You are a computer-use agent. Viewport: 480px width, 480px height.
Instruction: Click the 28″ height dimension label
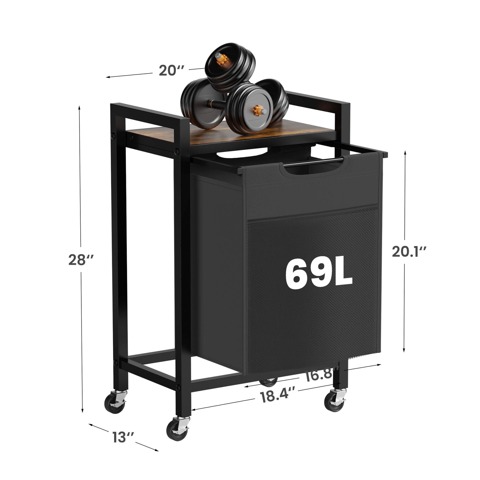[x=81, y=260]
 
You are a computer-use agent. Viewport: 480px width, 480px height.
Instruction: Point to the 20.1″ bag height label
[x=409, y=252]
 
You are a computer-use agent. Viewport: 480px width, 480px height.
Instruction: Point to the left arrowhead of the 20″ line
[x=107, y=77]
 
